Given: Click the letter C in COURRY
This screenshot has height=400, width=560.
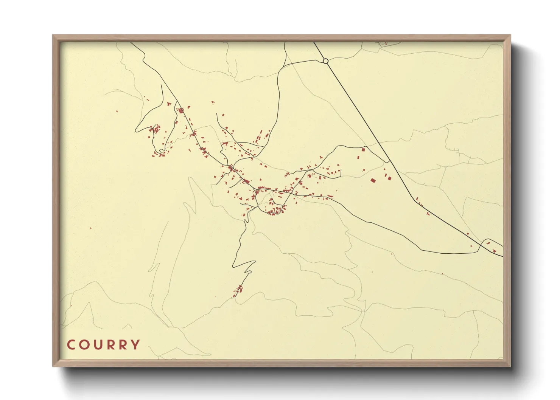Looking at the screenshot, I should coord(71,345).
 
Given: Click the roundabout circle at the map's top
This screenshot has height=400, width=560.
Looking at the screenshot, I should coord(325,61).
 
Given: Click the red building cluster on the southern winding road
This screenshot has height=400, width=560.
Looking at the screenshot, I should coord(238,290).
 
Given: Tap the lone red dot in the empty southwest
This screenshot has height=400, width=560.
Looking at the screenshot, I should coord(90,228).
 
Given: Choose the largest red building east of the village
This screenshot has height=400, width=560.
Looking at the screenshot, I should coord(373,181).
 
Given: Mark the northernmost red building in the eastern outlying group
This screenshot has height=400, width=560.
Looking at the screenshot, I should coord(363,150).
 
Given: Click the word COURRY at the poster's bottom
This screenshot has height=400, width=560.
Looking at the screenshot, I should coord(103,345).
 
